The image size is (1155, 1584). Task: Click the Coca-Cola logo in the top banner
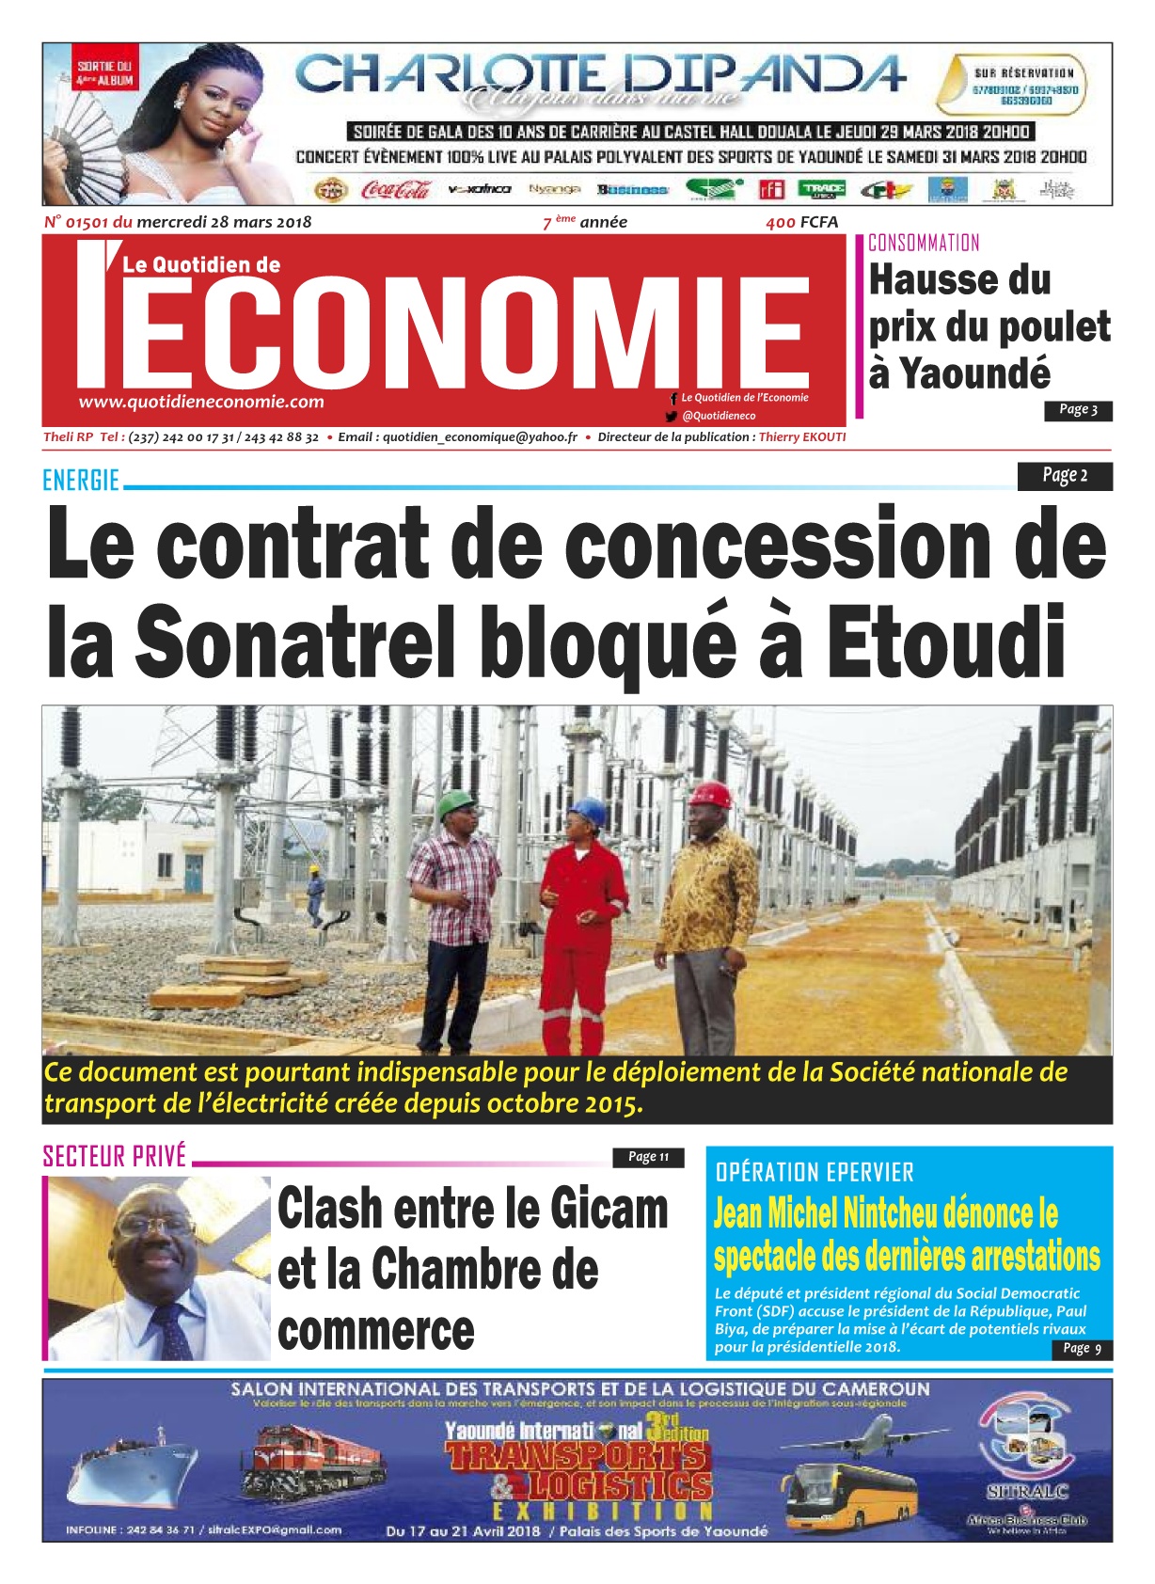pos(395,190)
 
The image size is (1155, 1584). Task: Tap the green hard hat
pos(458,801)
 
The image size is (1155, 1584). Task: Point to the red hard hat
pos(710,795)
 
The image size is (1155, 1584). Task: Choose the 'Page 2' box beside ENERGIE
pos(1064,476)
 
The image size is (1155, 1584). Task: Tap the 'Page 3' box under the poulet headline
pos(1078,410)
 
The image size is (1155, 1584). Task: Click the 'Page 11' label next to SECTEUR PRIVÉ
pos(648,1157)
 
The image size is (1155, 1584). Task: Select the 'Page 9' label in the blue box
pos(1082,1349)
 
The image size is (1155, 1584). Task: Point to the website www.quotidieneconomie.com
pos(201,402)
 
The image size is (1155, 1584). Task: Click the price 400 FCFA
pos(801,222)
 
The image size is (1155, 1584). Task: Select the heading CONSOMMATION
pos(924,244)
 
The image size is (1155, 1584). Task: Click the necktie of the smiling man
pos(173,1331)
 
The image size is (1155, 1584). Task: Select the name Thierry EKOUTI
pos(802,437)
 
